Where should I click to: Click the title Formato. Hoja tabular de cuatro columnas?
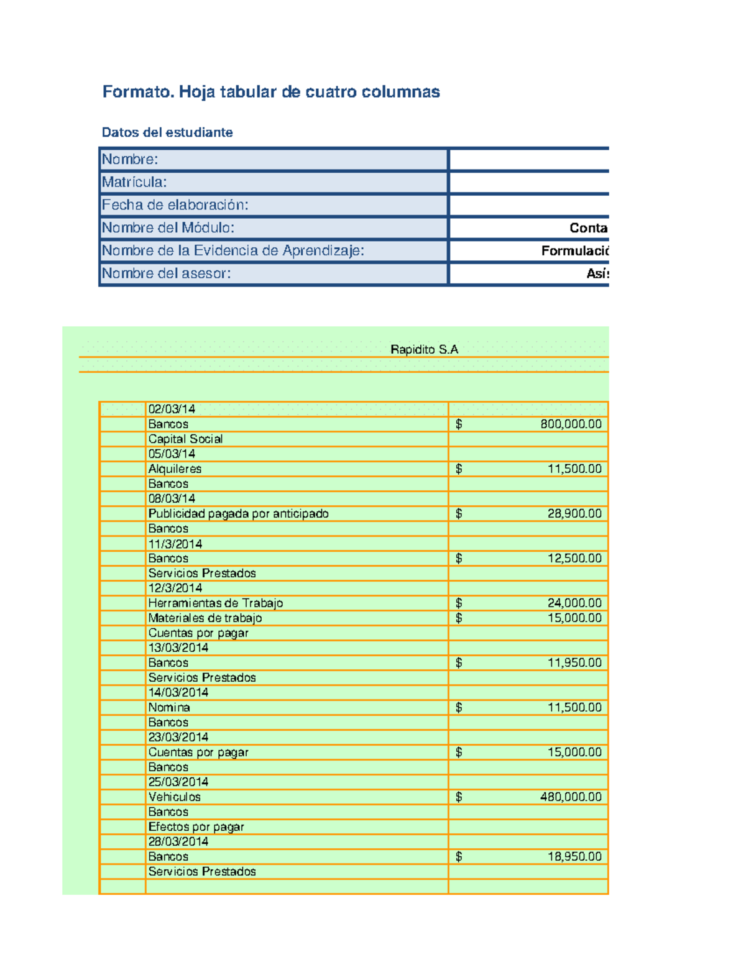(271, 92)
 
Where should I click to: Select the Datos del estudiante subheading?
(167, 132)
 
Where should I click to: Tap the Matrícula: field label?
(134, 182)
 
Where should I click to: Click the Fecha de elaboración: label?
(175, 205)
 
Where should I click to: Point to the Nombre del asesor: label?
(166, 273)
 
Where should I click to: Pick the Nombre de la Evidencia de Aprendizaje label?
(233, 250)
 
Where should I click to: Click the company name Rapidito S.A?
(424, 350)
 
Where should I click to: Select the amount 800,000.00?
(571, 424)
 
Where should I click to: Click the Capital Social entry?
(185, 439)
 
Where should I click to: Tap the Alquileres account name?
(175, 469)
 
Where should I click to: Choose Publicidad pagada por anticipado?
(238, 514)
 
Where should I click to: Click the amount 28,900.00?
(574, 514)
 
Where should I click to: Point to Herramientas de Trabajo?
(215, 603)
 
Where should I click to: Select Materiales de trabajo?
(205, 618)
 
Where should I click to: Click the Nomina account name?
(169, 708)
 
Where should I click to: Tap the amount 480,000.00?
(571, 797)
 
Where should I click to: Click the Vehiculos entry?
(174, 797)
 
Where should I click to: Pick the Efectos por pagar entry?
(196, 827)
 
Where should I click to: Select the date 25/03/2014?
(178, 782)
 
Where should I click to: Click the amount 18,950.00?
(574, 857)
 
